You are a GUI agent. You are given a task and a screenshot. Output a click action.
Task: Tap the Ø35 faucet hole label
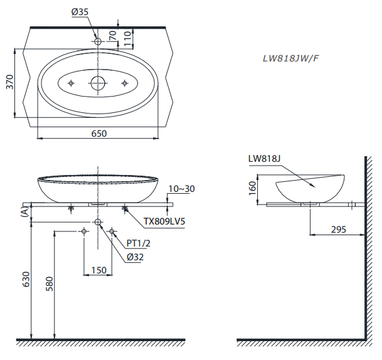tap(81, 12)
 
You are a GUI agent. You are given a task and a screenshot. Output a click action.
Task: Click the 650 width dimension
tap(99, 133)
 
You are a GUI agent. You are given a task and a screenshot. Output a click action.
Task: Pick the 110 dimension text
tap(127, 39)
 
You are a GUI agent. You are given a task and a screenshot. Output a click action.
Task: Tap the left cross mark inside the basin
tap(72, 83)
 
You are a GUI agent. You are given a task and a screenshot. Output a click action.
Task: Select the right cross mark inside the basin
tap(125, 83)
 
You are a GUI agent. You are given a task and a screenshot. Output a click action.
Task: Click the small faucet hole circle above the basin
tap(98, 41)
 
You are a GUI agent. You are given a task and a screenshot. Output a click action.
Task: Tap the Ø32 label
tap(135, 257)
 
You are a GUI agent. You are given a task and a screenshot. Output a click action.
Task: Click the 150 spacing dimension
tap(98, 270)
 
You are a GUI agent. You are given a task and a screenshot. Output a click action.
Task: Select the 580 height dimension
tap(51, 284)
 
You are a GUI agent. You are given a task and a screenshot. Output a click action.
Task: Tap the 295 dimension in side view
tap(338, 230)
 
